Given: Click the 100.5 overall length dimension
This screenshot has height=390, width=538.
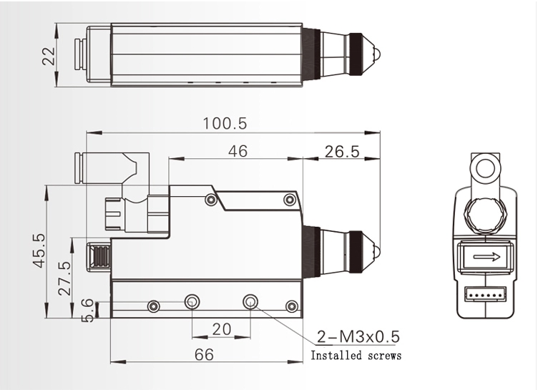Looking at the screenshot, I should coord(224,123).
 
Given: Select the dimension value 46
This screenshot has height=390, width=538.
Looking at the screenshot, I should coord(236,151).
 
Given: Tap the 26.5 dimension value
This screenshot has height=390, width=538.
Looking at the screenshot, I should coord(341,151).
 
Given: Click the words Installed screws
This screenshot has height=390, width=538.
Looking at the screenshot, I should coord(356,356).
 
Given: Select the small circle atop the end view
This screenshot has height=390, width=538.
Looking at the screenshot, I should coord(485,169).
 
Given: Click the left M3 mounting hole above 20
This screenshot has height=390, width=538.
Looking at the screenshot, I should coord(192,302).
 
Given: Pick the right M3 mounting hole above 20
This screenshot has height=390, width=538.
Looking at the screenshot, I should coord(250,302).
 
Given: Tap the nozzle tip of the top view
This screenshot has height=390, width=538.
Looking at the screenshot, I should coord(379,54).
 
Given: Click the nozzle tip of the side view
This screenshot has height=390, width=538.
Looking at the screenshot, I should coord(379,250).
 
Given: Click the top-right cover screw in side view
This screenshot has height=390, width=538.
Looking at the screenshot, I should coord(289,200).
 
